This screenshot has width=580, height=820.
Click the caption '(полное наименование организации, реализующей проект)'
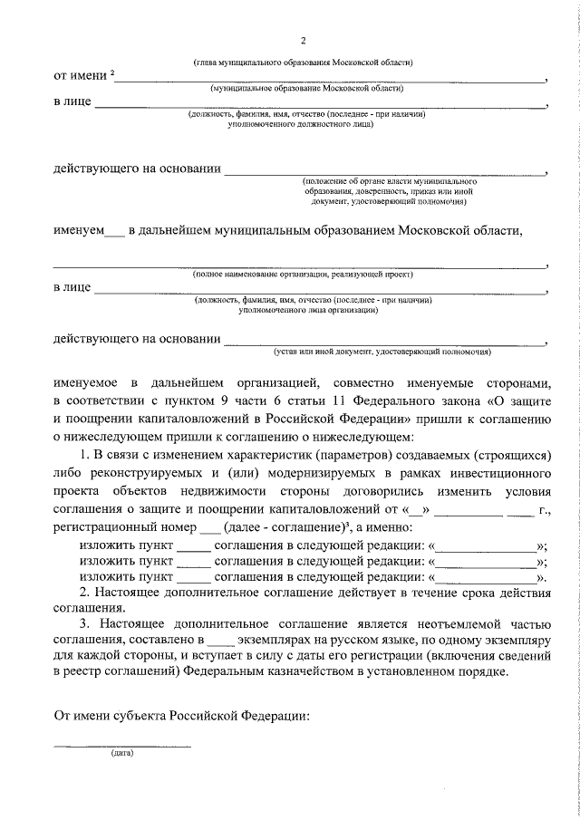[303, 274]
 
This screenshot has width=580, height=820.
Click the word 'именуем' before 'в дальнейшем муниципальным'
[78, 230]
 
